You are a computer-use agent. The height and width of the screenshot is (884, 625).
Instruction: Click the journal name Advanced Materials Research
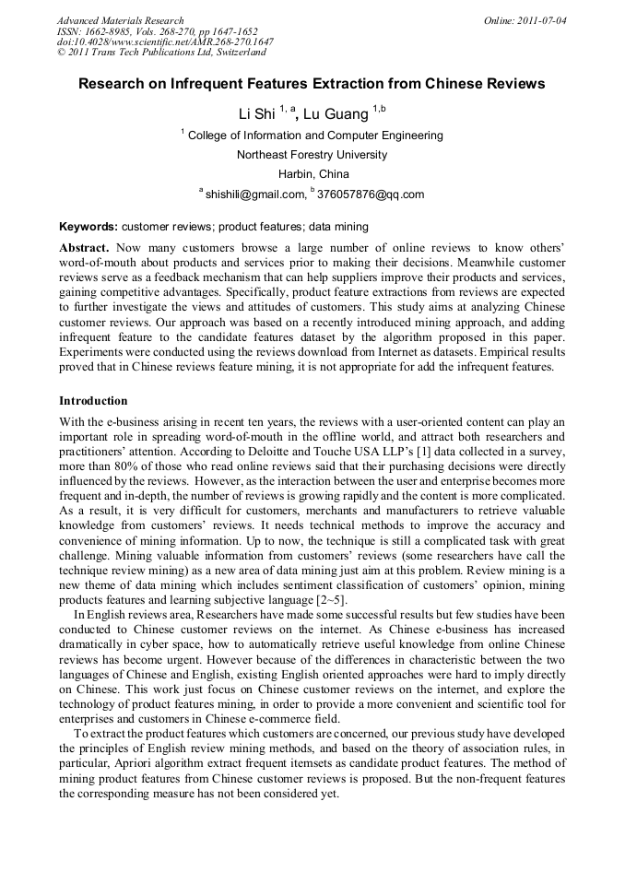[x=120, y=20]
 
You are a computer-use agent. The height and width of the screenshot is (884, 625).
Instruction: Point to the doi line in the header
[x=165, y=42]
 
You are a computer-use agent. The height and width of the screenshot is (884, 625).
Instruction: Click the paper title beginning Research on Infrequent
[x=312, y=84]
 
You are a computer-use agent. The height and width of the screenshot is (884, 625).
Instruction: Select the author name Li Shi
[x=257, y=114]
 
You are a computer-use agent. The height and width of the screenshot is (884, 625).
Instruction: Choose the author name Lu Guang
[x=336, y=114]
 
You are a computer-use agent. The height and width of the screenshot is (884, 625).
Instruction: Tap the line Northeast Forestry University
[x=312, y=155]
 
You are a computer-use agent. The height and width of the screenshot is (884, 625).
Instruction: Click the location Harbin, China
[x=312, y=174]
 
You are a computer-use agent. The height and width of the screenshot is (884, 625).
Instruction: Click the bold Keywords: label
[x=88, y=226]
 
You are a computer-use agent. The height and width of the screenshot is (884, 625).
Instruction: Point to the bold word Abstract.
[x=84, y=249]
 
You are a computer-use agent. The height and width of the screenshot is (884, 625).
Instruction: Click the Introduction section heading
[x=93, y=401]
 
